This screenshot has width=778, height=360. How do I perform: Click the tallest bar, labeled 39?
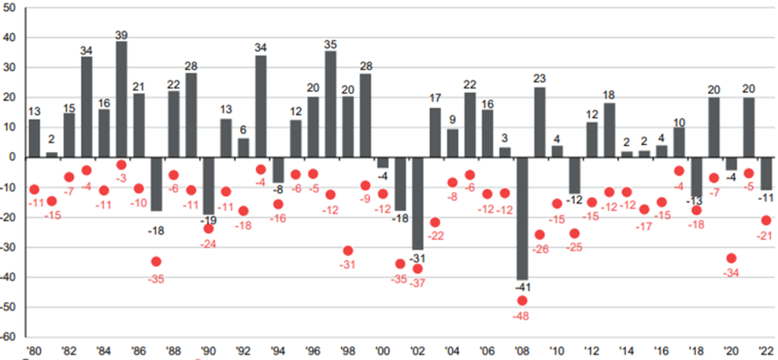pos(122,99)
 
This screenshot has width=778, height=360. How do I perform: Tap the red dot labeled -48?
pos(522,300)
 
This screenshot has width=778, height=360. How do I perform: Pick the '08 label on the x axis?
pos(522,352)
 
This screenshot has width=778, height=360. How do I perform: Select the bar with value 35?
pos(330,105)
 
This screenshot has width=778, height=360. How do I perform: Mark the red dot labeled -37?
pos(418,269)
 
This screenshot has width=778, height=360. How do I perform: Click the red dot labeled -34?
pos(732,258)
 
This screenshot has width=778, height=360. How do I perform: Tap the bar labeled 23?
pos(539,122)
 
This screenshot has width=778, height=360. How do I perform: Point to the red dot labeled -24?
pos(209,229)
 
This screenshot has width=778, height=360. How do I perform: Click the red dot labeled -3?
pos(122,165)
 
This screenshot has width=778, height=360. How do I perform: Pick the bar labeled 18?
pos(609,130)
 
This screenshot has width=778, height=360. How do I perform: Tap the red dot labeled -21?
pos(766,220)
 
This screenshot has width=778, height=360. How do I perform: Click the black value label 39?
pos(122,36)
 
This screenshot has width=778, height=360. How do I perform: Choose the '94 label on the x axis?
pos(278,352)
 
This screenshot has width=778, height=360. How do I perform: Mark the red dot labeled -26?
pos(539,235)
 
